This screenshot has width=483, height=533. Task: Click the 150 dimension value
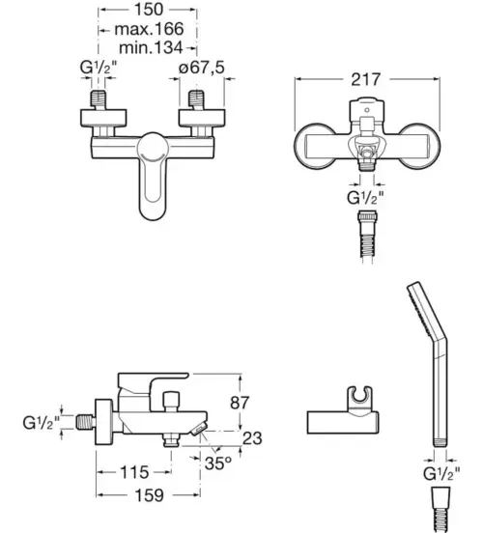coord(149,10)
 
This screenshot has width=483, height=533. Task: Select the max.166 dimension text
coord(149,29)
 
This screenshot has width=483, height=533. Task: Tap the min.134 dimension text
coord(151,47)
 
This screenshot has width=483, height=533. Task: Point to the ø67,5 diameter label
coord(202,68)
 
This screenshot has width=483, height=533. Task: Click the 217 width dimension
coord(366,79)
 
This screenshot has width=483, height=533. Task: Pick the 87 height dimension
coord(240,403)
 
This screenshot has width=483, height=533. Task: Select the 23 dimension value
coord(252,438)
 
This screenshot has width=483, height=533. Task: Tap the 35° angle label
coord(218,463)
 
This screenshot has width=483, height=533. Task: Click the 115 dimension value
coord(134,472)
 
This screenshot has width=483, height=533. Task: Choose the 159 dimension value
coord(150,495)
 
